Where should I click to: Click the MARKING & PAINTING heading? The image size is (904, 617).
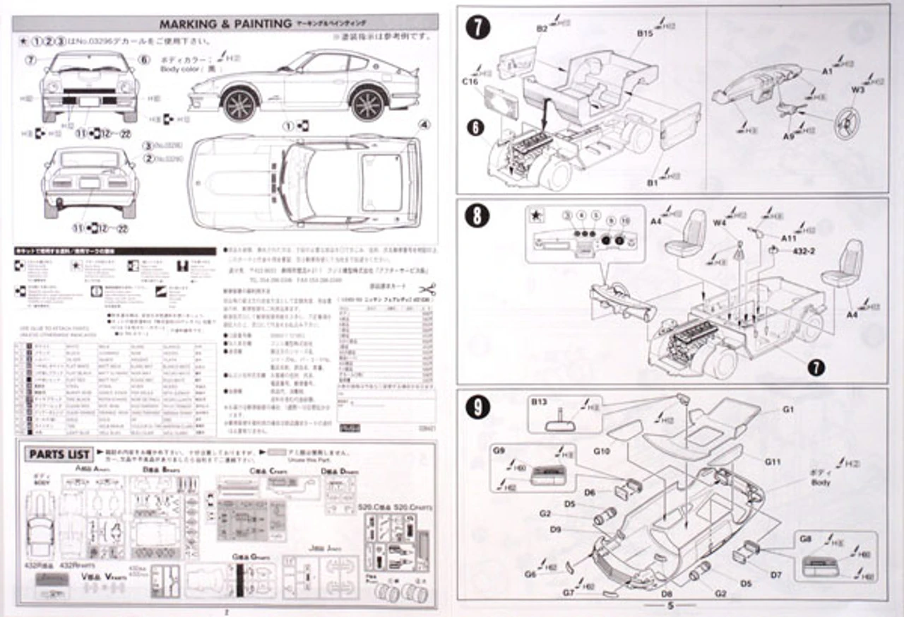[225, 23]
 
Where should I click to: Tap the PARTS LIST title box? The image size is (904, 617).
[59, 454]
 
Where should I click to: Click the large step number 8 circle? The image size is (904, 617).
[478, 216]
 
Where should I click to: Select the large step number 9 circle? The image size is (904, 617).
[479, 406]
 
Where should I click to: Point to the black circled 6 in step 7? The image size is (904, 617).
[477, 127]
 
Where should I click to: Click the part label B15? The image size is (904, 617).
[644, 33]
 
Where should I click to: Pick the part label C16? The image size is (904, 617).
[470, 82]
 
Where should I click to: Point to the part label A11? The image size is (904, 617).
[789, 239]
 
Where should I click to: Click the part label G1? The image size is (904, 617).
[788, 409]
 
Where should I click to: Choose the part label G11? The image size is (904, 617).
[772, 462]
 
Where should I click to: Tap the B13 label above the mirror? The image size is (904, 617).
[540, 401]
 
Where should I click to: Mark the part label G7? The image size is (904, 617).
[569, 592]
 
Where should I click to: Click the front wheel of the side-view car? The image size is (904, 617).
[240, 104]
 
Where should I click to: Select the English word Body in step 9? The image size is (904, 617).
[821, 483]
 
